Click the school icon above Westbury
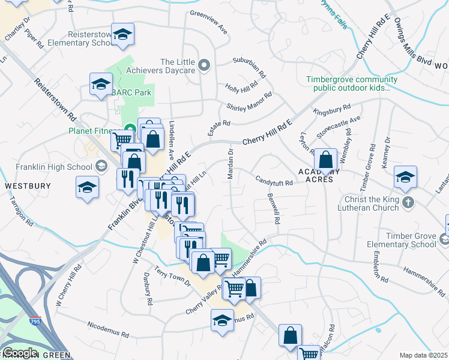coord(88,187)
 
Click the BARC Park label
coord(132,92)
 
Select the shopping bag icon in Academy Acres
coord(325,160)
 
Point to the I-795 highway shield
coord(36,322)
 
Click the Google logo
coord(20,352)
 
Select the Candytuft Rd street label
coord(273,181)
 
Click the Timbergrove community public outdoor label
coord(351,83)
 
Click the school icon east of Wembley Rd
coord(405,178)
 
